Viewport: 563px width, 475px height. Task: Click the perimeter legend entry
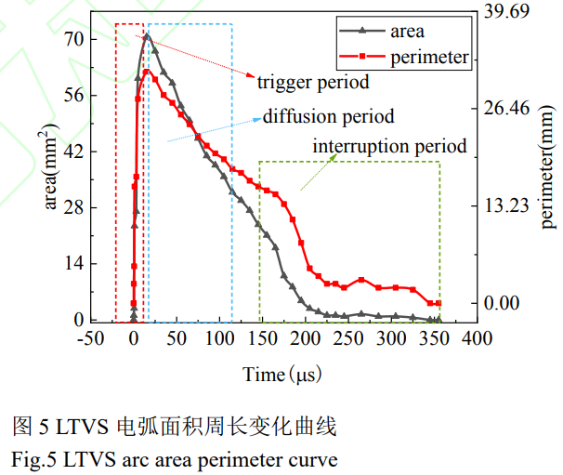pos(428,58)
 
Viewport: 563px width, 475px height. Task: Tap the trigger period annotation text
pos(313,82)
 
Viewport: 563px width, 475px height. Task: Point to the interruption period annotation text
pos(389,147)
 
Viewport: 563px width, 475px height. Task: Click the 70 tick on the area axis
pos(72,39)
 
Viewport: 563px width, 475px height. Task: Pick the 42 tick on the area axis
pos(72,152)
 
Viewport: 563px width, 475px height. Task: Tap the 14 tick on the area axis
pos(72,265)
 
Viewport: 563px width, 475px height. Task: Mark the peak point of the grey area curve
pos(147,36)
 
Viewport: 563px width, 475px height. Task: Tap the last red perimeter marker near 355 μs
pos(439,304)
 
